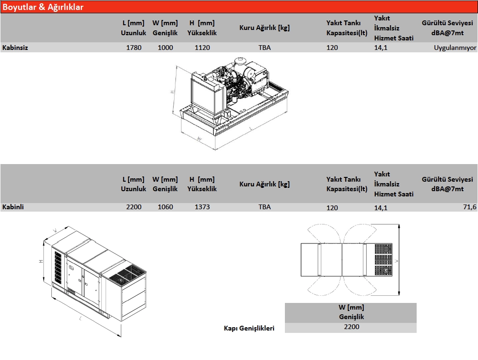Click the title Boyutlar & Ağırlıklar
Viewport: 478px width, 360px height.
43,7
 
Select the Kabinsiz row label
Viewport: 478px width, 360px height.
15,48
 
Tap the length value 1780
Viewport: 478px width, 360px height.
134,48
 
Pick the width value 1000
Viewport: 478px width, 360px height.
166,48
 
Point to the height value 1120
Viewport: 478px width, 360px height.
202,48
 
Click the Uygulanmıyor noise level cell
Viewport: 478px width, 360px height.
454,48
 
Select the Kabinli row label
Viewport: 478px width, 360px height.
13,207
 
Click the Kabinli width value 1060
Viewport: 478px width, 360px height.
166,207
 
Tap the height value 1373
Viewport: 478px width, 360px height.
202,207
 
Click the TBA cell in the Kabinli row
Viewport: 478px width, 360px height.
264,207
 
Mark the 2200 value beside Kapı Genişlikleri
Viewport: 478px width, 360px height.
351,327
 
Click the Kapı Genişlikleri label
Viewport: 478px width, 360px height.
249,328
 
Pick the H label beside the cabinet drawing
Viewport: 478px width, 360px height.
41,261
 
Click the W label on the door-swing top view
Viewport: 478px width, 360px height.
396,261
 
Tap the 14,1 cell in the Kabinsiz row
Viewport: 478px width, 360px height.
381,48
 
